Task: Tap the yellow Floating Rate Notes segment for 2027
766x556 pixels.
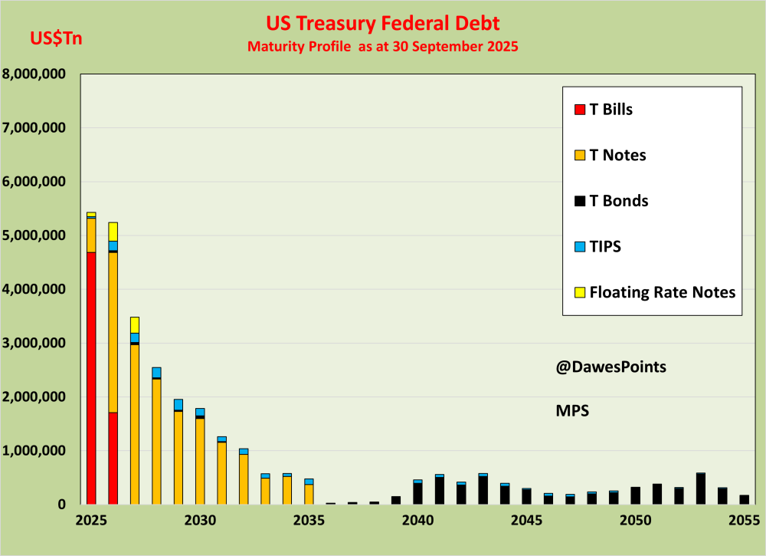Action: tap(135, 324)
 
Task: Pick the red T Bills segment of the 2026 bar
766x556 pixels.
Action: tap(113, 458)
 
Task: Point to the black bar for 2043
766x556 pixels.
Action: tap(483, 490)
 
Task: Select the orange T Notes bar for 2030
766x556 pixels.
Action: tap(200, 461)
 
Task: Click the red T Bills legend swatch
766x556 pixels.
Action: tap(580, 109)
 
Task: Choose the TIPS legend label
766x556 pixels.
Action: tap(605, 246)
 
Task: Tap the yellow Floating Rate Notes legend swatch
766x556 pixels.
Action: tap(580, 292)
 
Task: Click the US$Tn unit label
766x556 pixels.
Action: tap(56, 38)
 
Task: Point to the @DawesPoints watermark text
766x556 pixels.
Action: tap(611, 367)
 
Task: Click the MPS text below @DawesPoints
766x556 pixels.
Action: tap(571, 410)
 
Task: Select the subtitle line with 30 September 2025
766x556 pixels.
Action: tap(383, 47)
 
